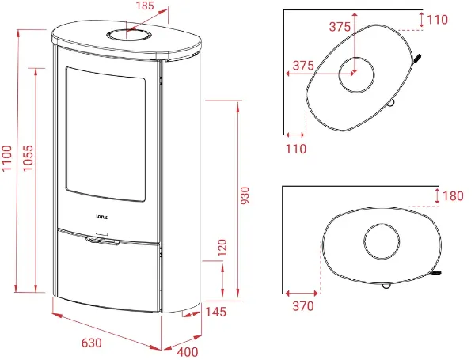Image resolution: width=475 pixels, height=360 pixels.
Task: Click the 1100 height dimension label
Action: (7, 158)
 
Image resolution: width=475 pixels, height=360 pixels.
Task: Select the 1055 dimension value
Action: (28, 158)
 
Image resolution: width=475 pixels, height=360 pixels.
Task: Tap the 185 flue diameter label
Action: (145, 6)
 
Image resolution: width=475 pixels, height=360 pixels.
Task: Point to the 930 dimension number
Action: (245, 195)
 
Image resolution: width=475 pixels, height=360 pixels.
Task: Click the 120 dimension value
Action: (222, 248)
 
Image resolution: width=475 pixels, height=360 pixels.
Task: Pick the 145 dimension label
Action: (215, 312)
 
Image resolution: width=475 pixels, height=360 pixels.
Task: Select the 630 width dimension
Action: (92, 343)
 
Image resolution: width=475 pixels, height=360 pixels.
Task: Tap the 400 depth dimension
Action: (188, 352)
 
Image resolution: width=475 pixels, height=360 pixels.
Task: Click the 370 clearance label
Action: (303, 306)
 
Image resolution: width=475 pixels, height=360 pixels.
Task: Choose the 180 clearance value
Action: (453, 196)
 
